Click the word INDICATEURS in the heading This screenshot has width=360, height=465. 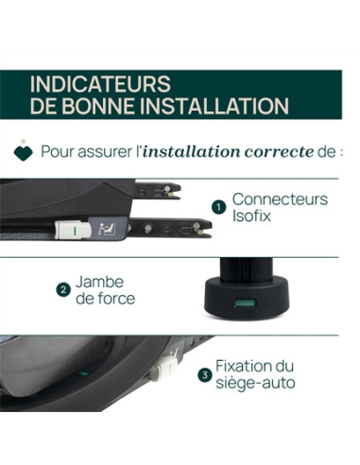coord(99,84)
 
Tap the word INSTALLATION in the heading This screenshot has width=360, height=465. coord(216,105)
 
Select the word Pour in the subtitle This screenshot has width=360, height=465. coord(62,151)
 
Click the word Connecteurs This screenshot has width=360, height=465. coord(281,199)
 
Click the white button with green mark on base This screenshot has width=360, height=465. coord(68,228)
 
